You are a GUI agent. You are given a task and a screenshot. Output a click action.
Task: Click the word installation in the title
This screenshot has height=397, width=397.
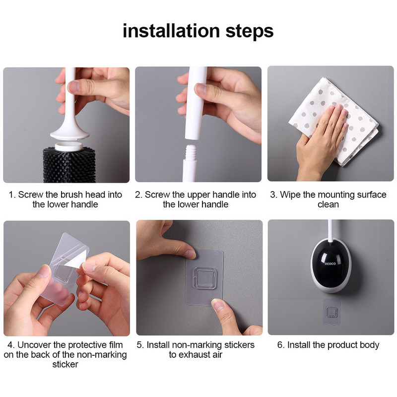coord(171,31)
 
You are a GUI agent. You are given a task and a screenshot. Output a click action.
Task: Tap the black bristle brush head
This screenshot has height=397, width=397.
coord(69,165)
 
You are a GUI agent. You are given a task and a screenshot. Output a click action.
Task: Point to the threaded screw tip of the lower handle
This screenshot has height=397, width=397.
coord(191,153)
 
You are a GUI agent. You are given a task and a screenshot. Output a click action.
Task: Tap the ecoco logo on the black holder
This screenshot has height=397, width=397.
coord(330,264)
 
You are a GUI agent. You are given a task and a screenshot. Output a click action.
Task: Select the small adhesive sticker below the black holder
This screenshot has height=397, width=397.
coord(331,312)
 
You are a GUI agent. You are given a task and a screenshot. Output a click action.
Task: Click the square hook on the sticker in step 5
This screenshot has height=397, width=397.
coord(204,278)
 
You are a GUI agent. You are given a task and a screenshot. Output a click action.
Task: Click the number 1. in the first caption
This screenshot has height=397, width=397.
coord(12,195)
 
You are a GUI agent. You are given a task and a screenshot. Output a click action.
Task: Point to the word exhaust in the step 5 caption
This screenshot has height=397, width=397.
coord(195,355)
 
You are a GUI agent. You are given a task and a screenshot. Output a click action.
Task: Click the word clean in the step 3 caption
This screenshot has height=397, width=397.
coord(328,204)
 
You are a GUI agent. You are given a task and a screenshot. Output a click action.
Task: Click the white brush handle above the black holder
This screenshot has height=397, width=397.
coord(330,230)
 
